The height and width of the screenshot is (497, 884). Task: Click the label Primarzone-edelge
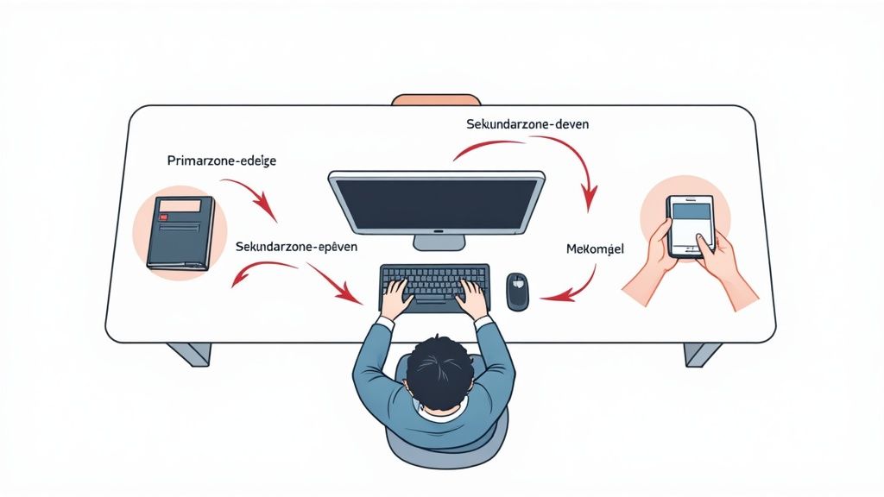tap(221, 161)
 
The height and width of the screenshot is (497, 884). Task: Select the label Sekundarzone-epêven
tap(295, 247)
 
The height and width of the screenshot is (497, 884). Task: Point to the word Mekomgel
tap(595, 249)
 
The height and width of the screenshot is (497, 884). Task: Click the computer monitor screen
tap(436, 204)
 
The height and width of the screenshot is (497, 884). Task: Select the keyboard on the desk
tap(434, 285)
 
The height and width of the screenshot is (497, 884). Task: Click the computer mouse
tap(516, 291)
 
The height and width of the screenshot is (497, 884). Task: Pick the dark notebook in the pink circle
tap(180, 231)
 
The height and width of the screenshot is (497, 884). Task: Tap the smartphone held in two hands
tap(691, 225)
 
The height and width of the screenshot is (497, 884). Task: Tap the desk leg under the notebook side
tap(189, 353)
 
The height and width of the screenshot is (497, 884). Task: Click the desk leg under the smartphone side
tap(702, 353)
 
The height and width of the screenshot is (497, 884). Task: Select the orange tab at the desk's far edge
tap(436, 100)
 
